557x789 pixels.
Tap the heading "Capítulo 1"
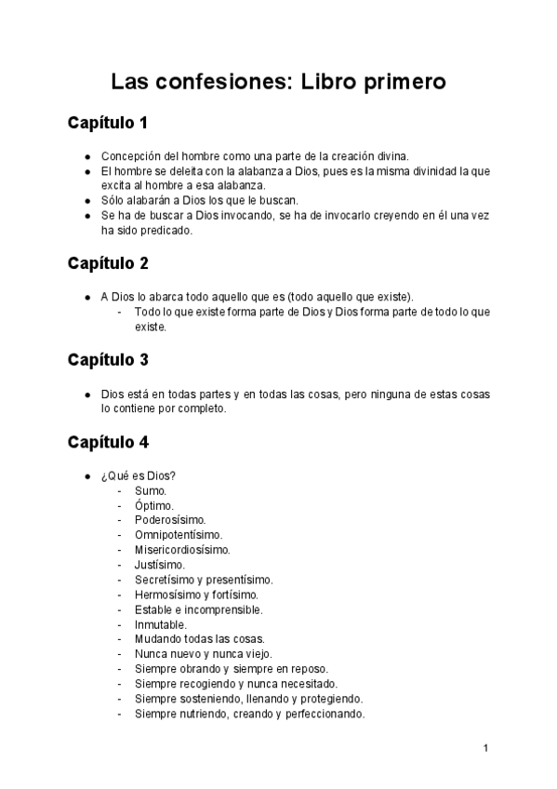tap(108, 123)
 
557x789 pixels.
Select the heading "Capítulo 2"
tap(108, 263)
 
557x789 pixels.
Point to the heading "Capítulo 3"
tap(108, 360)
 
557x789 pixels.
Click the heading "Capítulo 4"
tap(108, 442)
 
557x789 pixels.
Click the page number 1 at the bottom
tap(486, 748)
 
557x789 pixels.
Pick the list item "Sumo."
tap(151, 490)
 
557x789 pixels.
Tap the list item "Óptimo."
tap(153, 505)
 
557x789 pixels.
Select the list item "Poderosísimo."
tap(170, 520)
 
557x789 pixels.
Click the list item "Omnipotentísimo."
tap(178, 535)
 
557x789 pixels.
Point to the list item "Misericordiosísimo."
tap(182, 550)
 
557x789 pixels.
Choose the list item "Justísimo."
tap(159, 565)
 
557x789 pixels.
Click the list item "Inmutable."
tap(160, 624)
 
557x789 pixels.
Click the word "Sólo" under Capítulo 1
tap(113, 200)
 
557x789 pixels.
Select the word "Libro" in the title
tap(328, 82)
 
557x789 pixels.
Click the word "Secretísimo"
tap(165, 580)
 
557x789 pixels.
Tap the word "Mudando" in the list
tap(157, 639)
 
